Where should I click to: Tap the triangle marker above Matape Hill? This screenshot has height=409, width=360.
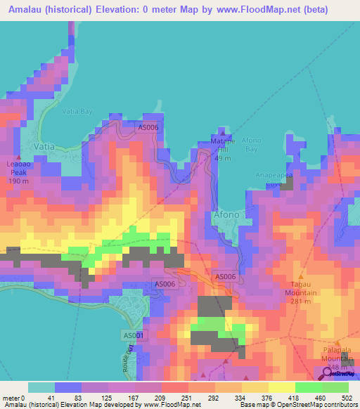[x=223, y=132]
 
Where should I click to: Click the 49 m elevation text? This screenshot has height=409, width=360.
[x=224, y=158]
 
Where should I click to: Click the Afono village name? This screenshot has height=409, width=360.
[x=226, y=214]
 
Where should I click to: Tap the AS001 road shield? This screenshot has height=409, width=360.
[x=134, y=336]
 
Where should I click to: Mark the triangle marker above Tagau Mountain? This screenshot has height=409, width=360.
[x=301, y=275]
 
